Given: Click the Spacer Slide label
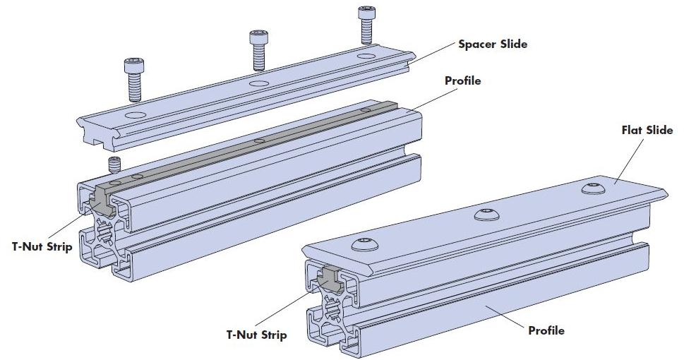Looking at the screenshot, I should click(x=492, y=44).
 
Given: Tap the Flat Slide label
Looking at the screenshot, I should click(x=647, y=131).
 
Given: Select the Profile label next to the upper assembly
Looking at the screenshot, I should click(x=462, y=81).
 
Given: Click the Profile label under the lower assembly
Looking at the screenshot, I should click(x=546, y=330).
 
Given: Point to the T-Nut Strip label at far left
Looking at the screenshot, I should click(x=42, y=247).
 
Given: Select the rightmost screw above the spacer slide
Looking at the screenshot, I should click(x=366, y=24).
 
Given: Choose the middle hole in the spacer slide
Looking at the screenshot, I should click(x=259, y=83).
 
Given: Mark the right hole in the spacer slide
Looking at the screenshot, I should click(x=366, y=56).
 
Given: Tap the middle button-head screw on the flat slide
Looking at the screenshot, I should click(x=485, y=213).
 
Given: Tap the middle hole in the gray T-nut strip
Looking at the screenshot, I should click(x=260, y=140).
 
